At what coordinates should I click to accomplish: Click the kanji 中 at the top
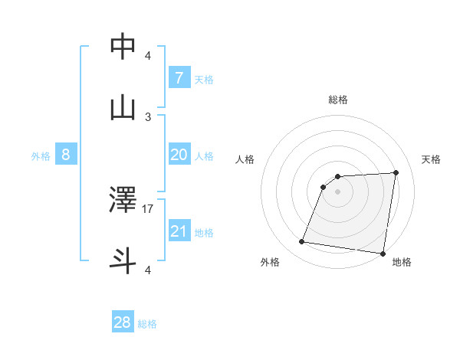pyautogui.click(x=123, y=47)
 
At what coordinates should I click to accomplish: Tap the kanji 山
pyautogui.click(x=123, y=108)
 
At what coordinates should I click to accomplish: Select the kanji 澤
pyautogui.click(x=123, y=200)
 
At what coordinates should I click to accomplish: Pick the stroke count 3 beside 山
pyautogui.click(x=148, y=116)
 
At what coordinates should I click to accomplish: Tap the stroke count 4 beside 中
pyautogui.click(x=148, y=55)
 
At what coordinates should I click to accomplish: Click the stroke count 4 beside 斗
pyautogui.click(x=148, y=270)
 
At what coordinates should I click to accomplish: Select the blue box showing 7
pyautogui.click(x=179, y=78)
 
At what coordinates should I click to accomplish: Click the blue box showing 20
pyautogui.click(x=179, y=155)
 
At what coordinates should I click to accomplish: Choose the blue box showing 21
pyautogui.click(x=179, y=231)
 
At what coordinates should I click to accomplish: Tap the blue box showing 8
pyautogui.click(x=65, y=155)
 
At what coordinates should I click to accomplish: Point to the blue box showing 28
pyautogui.click(x=123, y=322)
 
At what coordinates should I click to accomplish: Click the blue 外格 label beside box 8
pyautogui.click(x=41, y=156)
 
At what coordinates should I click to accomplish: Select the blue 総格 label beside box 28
pyautogui.click(x=147, y=324)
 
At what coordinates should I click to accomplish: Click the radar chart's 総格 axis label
pyautogui.click(x=337, y=100)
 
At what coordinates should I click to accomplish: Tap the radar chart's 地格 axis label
pyautogui.click(x=402, y=262)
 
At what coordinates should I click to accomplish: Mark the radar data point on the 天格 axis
pyautogui.click(x=396, y=172)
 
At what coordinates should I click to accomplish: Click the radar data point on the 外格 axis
pyautogui.click(x=302, y=242)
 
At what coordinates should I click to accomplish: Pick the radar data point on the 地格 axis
pyautogui.click(x=383, y=254)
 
